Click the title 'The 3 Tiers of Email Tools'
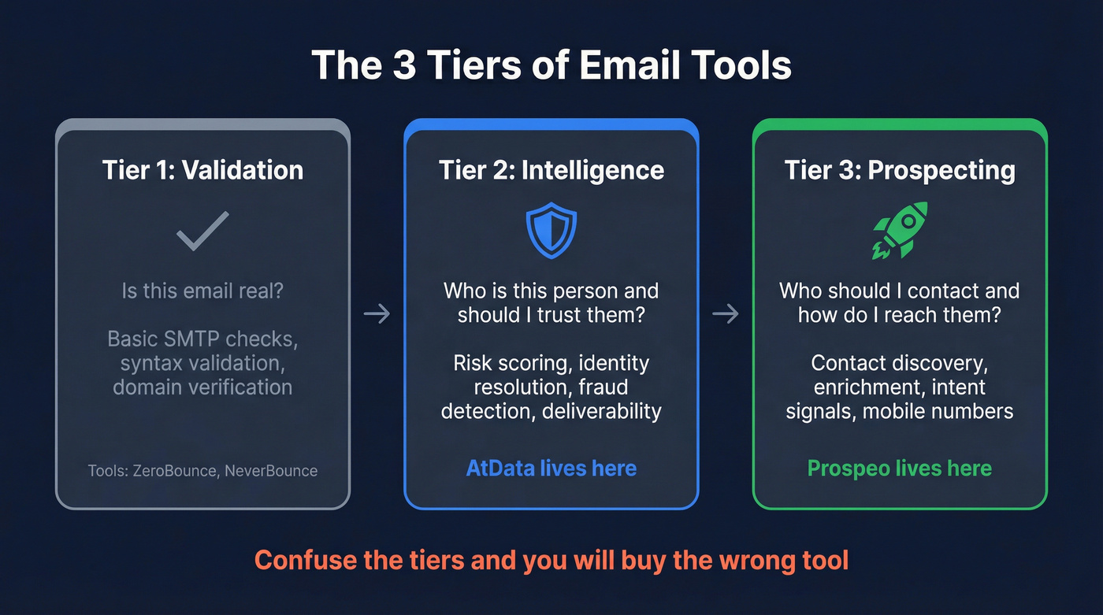(551, 65)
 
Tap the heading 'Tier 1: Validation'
(202, 170)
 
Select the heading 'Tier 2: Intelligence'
(551, 170)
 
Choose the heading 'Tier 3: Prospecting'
(900, 170)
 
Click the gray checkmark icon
(202, 230)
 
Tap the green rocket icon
(900, 230)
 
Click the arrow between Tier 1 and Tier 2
(377, 314)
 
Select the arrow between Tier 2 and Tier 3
(725, 314)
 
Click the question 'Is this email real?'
(202, 291)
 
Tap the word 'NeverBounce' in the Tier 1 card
(271, 471)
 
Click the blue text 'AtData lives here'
(551, 468)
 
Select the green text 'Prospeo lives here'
(900, 468)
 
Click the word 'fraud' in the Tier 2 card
(603, 387)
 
